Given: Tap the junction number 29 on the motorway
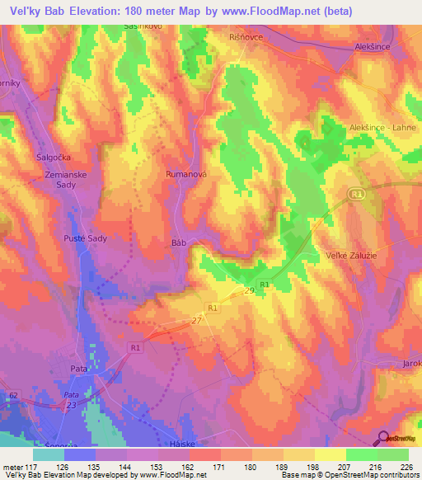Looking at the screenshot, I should click(x=249, y=291).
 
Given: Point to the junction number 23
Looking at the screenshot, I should click(x=73, y=405).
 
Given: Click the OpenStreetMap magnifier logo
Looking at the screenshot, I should click(x=384, y=440).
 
